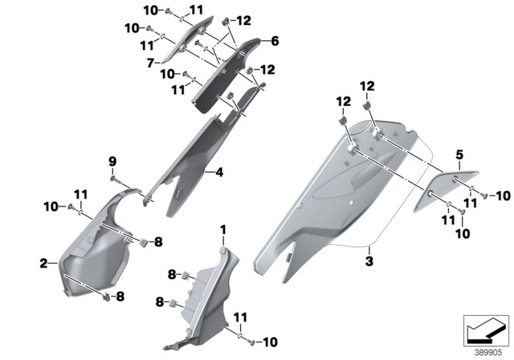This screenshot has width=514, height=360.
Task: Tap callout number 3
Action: click(369, 261)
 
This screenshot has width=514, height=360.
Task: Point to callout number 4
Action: click(218, 172)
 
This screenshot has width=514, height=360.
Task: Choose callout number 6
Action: click(274, 40)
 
